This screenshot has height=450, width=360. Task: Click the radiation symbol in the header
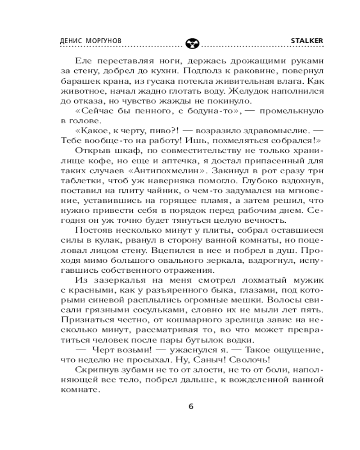[191, 43]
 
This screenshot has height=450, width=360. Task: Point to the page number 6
[190, 406]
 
